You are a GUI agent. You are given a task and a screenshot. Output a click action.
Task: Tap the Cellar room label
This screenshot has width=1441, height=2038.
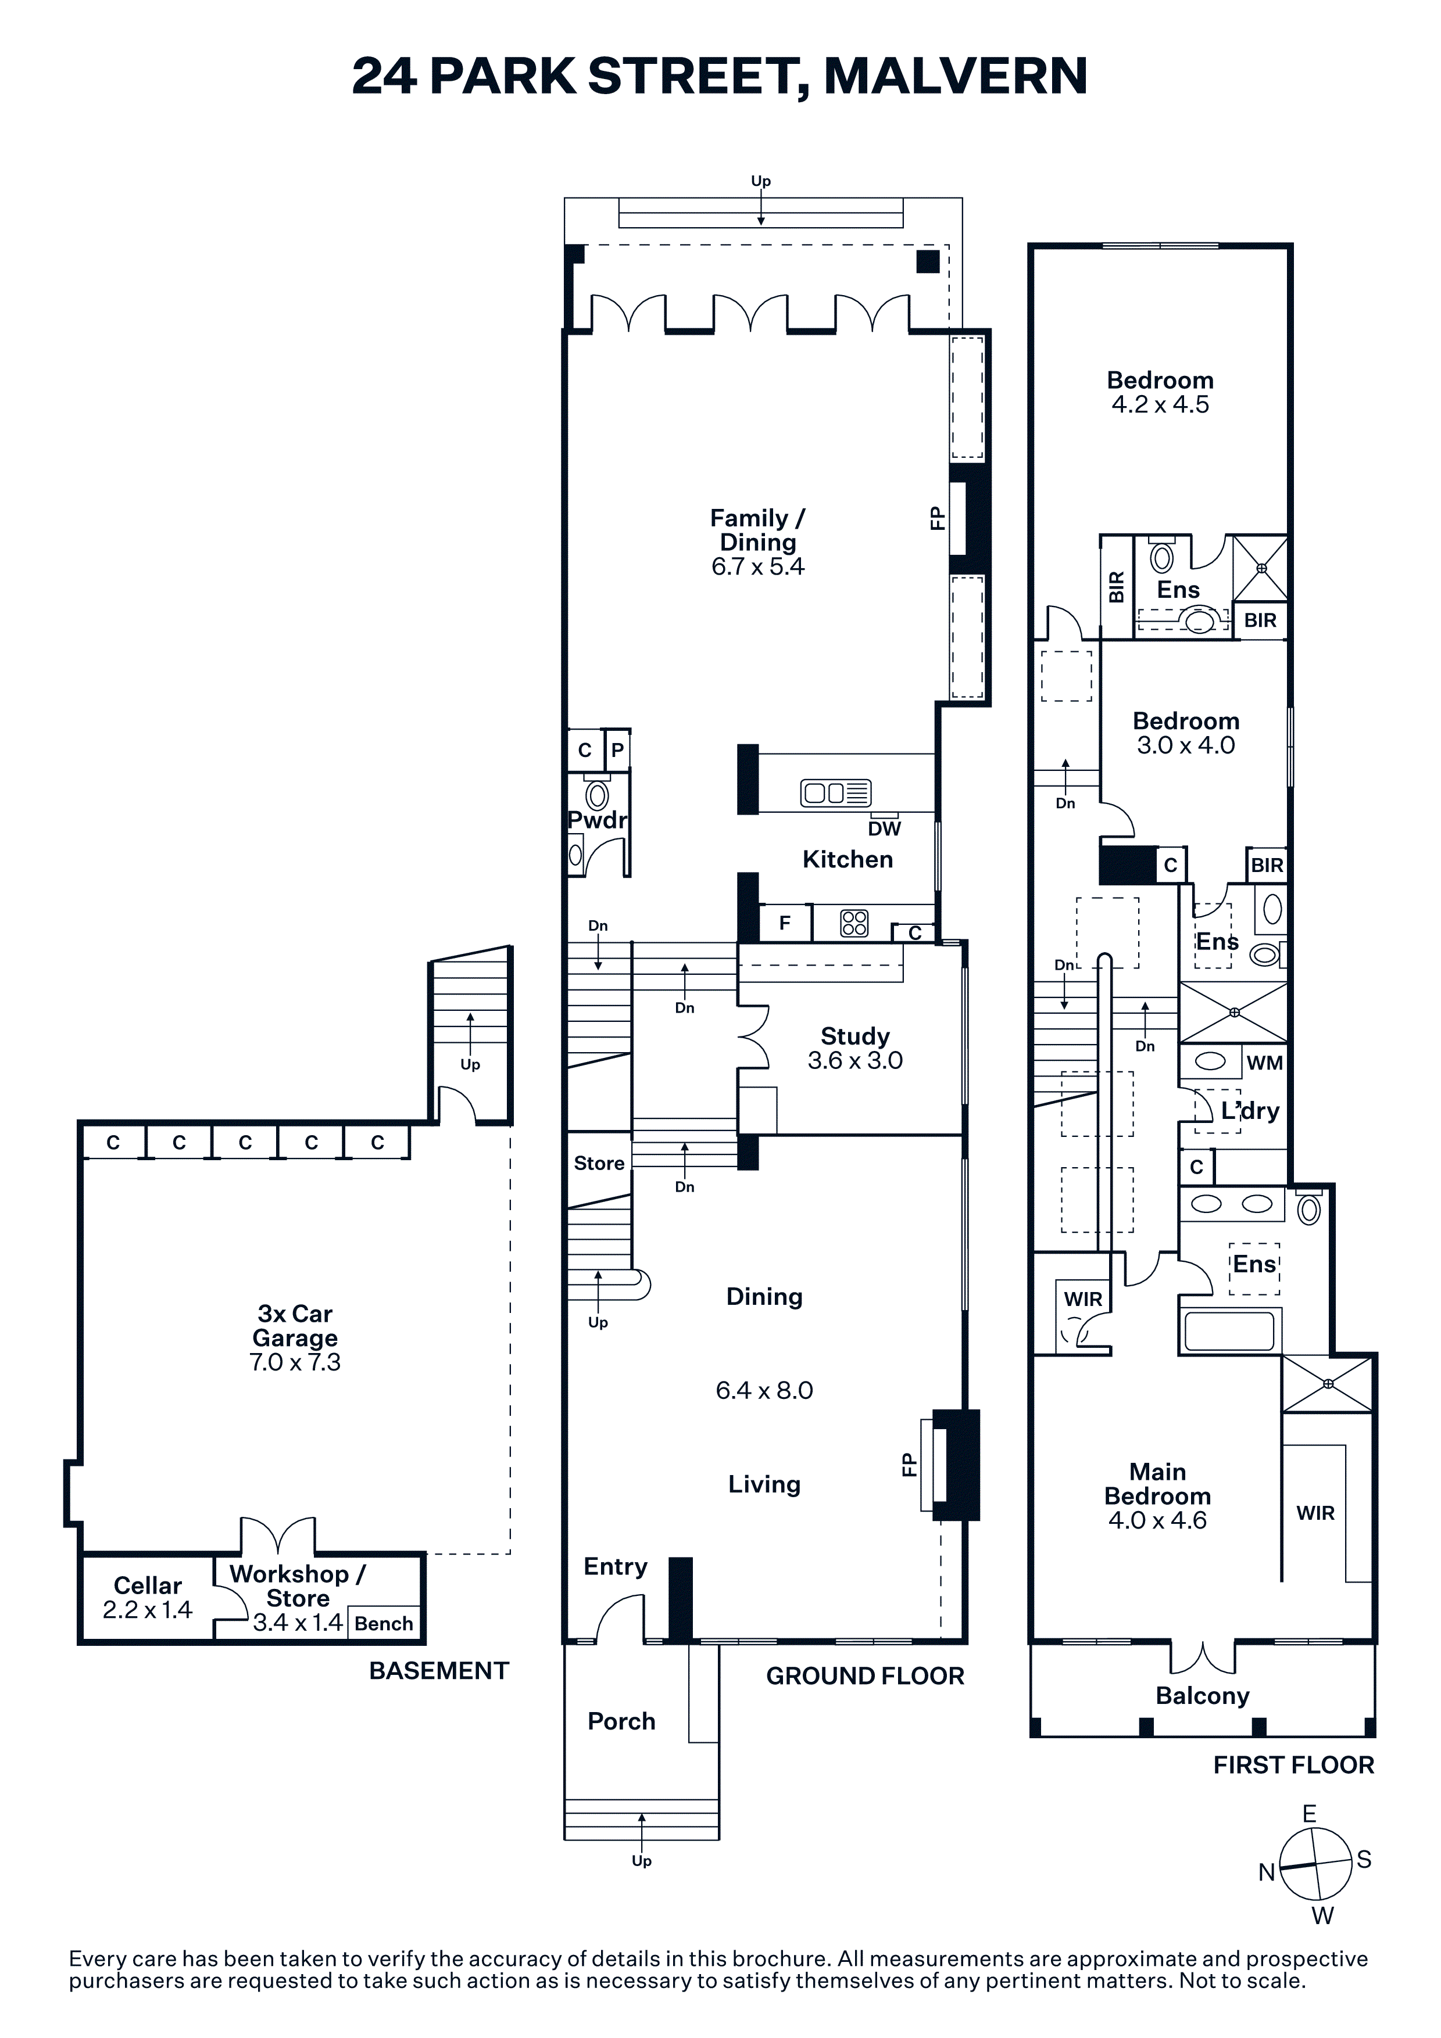click(148, 1585)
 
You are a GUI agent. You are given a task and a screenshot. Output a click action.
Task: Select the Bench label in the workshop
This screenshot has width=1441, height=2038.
click(384, 1623)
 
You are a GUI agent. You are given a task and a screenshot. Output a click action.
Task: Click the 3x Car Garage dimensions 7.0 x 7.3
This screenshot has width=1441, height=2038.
click(295, 1362)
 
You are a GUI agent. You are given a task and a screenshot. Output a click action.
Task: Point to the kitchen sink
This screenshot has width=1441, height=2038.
click(835, 792)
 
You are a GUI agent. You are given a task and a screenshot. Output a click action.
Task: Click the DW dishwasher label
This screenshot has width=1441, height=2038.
click(884, 828)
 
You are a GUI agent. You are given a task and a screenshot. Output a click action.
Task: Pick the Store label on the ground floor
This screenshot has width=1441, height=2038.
click(599, 1163)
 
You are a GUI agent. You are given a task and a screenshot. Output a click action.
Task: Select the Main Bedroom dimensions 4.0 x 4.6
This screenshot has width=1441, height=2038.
click(1158, 1520)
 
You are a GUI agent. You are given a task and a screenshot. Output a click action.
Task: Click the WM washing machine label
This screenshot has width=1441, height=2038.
click(1265, 1063)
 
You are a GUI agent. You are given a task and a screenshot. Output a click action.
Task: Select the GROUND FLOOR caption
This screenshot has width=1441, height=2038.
click(865, 1676)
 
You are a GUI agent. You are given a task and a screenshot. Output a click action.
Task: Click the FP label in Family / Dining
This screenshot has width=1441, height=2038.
click(936, 518)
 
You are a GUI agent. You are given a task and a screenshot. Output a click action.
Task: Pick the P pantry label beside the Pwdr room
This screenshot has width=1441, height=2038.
click(618, 750)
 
